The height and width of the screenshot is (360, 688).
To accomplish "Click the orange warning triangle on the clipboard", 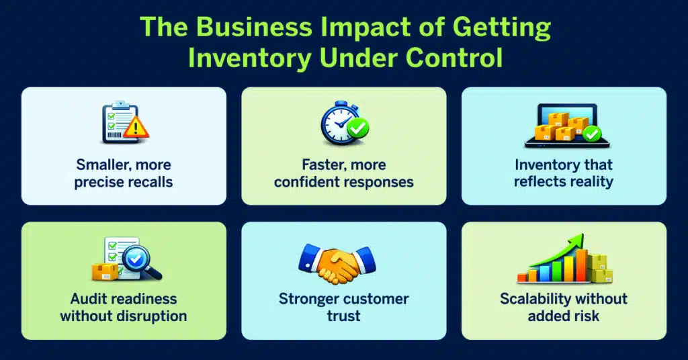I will pyautogui.click(x=138, y=128).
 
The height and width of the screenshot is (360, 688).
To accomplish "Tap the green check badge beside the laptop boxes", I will pyautogui.click(x=591, y=133).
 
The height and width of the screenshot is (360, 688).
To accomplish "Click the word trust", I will pyautogui.click(x=344, y=316).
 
